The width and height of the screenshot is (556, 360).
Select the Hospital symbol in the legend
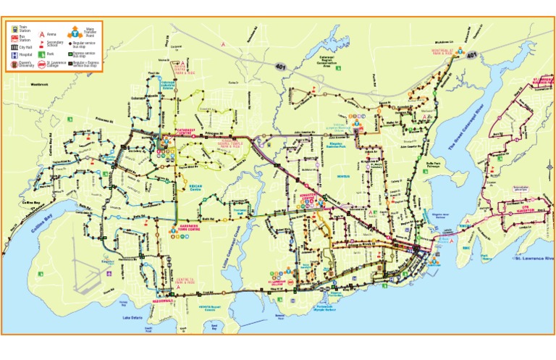[x=14, y=54]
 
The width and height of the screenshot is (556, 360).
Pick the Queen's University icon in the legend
[x=14, y=64]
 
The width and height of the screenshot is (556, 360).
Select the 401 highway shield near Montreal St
[x=471, y=55]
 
